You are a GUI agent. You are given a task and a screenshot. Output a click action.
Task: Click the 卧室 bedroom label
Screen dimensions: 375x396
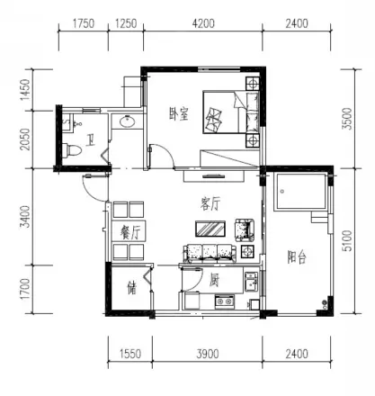click(179, 114)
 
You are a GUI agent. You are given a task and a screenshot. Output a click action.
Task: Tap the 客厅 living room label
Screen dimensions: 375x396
click(210, 204)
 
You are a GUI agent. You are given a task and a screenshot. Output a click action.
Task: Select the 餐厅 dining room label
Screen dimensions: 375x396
click(129, 231)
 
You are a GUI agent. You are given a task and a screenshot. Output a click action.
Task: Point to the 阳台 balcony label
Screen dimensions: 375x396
click(297, 257)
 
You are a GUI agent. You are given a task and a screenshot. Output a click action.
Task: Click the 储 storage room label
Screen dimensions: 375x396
click(132, 288)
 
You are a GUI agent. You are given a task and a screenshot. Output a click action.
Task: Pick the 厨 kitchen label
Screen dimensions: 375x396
click(214, 280)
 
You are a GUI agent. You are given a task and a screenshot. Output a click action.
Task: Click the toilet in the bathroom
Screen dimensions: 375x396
click(72, 150)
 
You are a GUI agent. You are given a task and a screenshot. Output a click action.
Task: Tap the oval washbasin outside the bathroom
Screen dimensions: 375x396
click(128, 121)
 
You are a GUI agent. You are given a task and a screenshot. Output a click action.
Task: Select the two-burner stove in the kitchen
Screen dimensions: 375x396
click(224, 301)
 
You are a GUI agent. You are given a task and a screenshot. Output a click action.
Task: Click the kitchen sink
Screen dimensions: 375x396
click(251, 282)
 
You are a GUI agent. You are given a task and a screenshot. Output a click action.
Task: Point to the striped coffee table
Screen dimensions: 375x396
click(210, 229)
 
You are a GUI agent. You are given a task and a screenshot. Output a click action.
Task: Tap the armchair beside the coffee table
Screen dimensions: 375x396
click(245, 230)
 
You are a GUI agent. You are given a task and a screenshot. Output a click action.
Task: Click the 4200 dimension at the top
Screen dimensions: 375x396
click(203, 23)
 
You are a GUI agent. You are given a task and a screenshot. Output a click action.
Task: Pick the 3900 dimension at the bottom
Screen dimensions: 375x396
click(208, 354)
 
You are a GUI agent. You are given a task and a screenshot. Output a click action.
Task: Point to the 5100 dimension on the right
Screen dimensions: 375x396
click(348, 240)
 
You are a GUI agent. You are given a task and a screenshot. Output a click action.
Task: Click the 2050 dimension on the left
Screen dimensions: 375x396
click(26, 139)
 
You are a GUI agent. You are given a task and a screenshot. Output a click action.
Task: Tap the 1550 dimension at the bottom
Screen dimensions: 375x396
click(130, 354)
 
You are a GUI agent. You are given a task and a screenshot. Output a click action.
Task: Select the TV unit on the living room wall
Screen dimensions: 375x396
click(213, 175)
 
